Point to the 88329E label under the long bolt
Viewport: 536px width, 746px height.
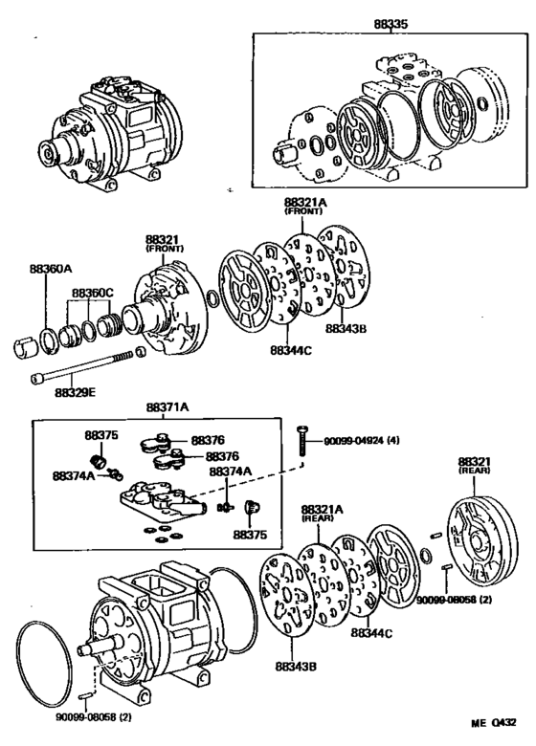[x=75, y=392]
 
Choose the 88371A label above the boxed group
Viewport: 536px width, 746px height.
[x=167, y=406]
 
